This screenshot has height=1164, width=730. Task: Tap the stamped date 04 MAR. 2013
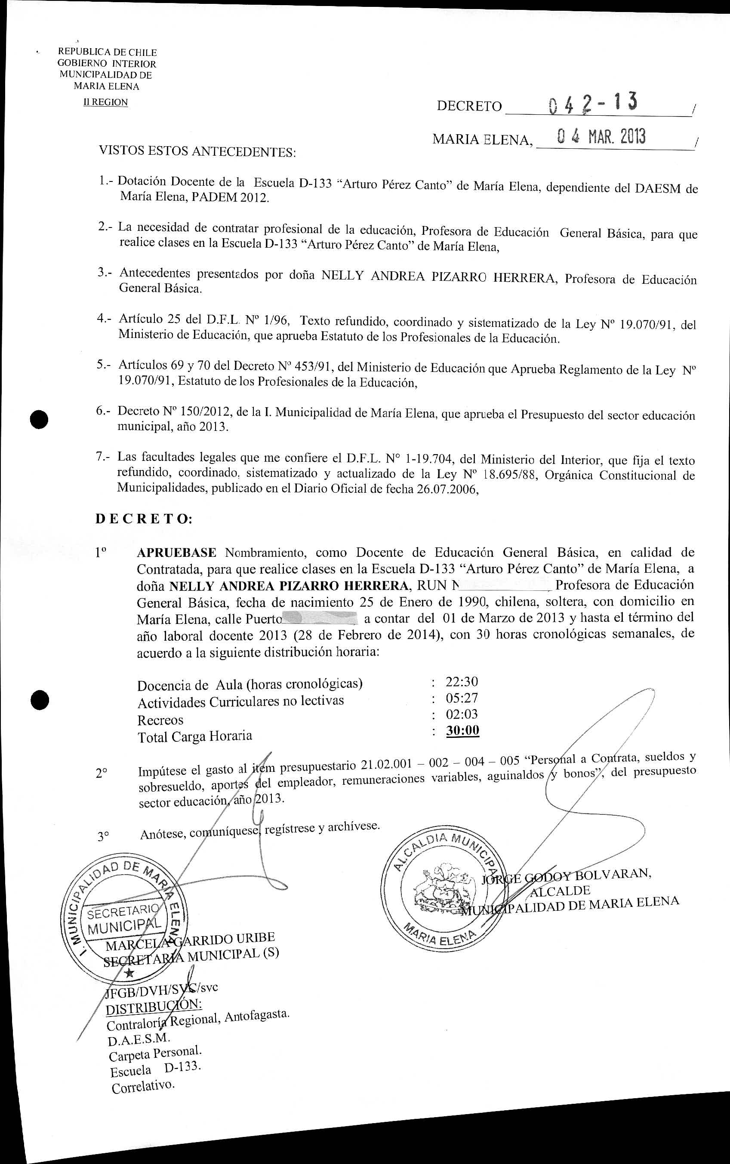coord(601,137)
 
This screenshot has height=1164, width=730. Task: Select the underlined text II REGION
coord(106,102)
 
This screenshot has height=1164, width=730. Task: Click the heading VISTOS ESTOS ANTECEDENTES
coord(197,151)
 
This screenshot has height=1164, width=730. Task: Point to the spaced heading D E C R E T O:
coord(144,519)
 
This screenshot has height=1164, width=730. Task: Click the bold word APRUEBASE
coord(176,552)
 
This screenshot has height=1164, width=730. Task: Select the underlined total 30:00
coord(462,730)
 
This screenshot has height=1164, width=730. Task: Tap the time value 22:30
coord(462,682)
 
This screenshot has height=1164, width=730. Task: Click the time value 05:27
coord(462,698)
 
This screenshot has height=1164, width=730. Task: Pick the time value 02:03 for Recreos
coord(462,714)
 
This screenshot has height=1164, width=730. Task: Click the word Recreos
coord(160,720)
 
